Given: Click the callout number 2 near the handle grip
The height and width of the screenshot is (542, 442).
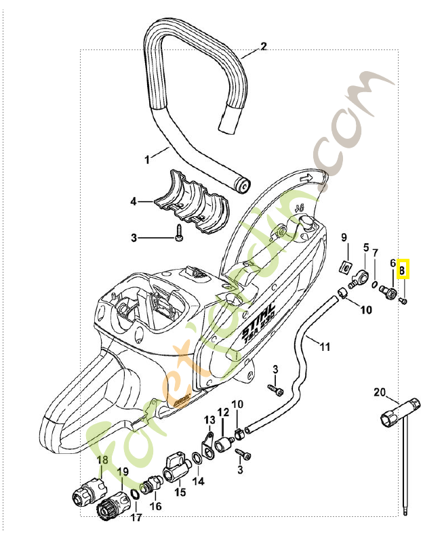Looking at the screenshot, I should click(x=264, y=47).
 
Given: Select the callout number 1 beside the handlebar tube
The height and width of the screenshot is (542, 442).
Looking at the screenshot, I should click(x=146, y=160).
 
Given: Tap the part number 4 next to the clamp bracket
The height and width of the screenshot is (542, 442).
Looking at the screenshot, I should click(x=134, y=201).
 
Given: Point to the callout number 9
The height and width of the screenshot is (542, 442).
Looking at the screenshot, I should click(x=344, y=237).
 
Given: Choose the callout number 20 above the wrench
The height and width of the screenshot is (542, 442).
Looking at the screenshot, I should click(x=379, y=392).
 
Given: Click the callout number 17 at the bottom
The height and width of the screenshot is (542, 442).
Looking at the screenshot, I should click(x=136, y=518).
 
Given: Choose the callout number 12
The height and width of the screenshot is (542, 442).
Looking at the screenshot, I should click(x=223, y=413).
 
